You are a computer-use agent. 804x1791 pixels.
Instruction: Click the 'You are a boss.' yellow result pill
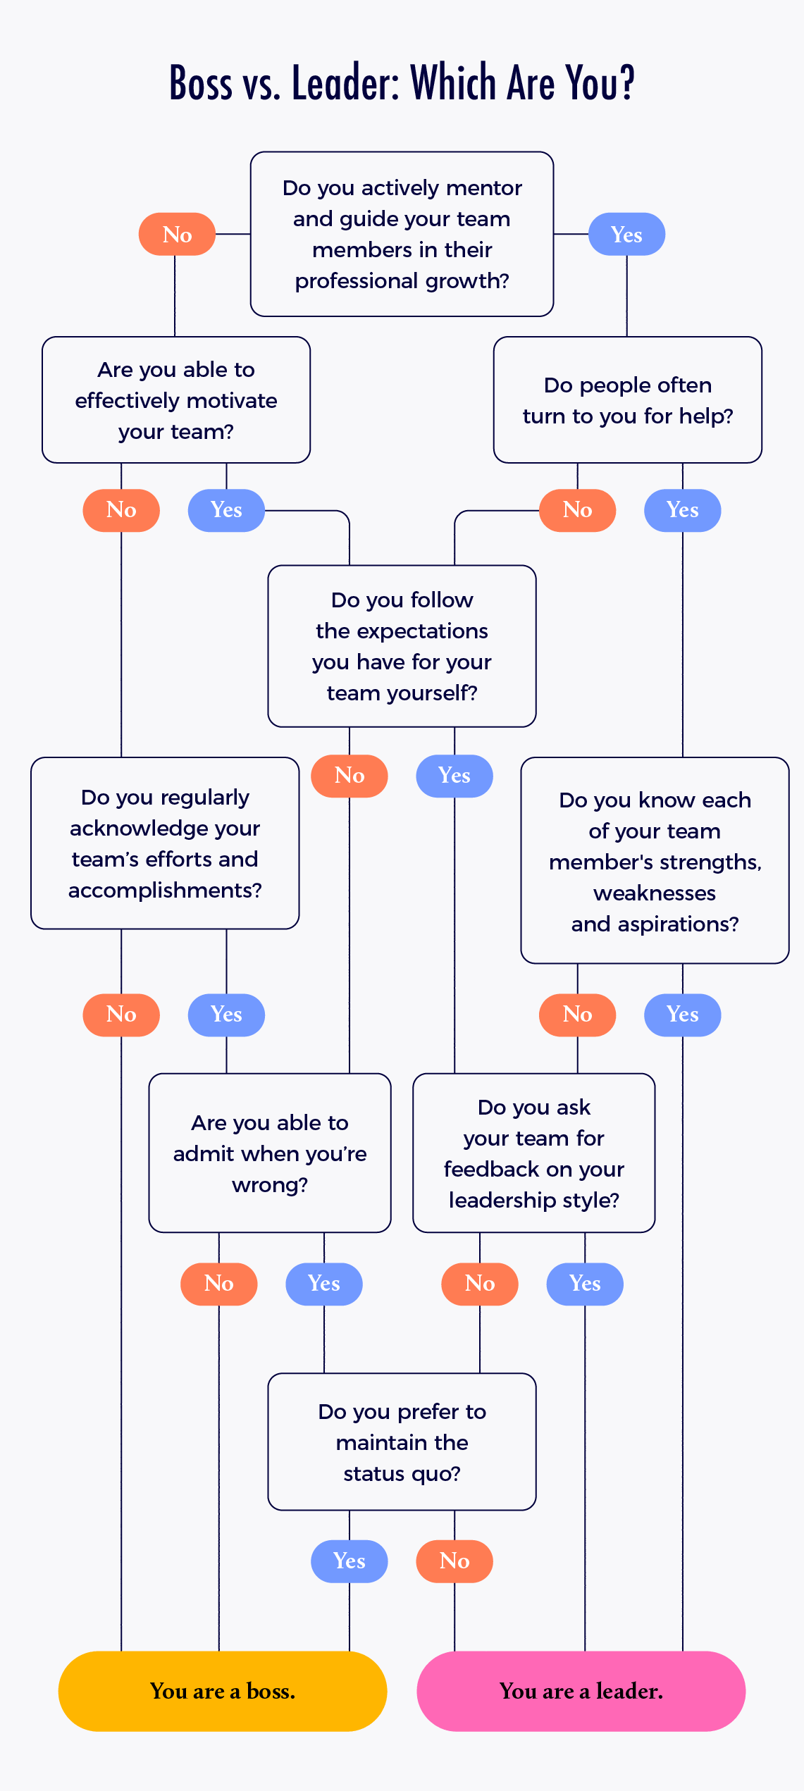click(222, 1691)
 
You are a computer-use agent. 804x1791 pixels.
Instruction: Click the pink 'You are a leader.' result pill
click(581, 1691)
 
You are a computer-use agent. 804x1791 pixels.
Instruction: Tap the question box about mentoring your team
click(402, 234)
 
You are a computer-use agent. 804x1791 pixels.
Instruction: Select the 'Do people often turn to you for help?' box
click(627, 399)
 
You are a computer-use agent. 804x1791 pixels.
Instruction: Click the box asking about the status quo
click(402, 1442)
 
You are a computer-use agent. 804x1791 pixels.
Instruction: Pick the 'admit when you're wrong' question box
click(270, 1153)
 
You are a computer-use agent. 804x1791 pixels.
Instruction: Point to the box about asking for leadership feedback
click(533, 1153)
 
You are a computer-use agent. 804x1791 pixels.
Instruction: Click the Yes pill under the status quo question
click(350, 1561)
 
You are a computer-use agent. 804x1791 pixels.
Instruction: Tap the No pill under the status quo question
click(454, 1561)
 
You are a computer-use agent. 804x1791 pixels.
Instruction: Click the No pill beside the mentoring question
click(177, 234)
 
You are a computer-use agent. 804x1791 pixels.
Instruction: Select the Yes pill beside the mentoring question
click(626, 234)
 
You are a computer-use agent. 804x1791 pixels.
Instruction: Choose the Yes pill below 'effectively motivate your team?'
click(226, 510)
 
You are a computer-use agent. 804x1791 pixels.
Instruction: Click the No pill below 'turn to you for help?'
click(577, 510)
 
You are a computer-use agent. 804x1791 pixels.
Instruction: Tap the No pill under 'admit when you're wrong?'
click(219, 1284)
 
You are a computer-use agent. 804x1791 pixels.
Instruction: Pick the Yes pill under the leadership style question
click(585, 1284)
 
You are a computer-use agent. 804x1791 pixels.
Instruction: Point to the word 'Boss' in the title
click(201, 83)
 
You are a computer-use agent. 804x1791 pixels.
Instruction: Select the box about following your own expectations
click(402, 646)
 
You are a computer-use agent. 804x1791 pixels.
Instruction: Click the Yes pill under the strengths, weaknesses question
click(682, 1015)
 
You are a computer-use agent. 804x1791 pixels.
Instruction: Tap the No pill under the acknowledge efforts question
click(121, 1015)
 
